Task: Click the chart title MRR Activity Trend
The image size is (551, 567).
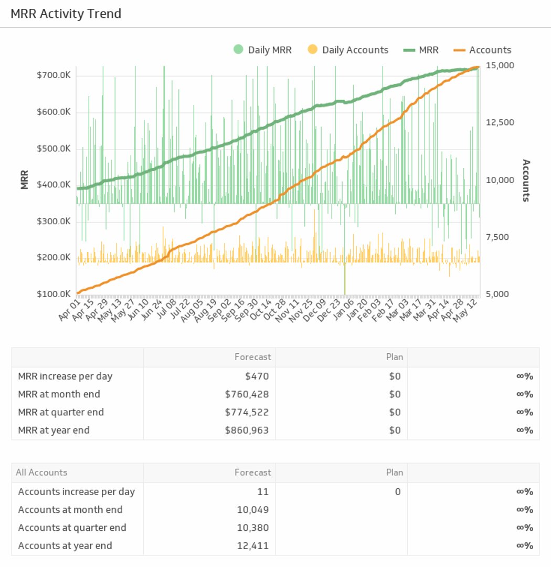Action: pyautogui.click(x=66, y=14)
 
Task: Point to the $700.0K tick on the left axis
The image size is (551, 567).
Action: pyautogui.click(x=54, y=76)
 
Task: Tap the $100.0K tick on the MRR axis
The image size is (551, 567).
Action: pyautogui.click(x=54, y=294)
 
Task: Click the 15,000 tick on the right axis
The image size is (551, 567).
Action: pyautogui.click(x=500, y=66)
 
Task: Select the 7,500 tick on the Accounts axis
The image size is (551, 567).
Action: pyautogui.click(x=497, y=237)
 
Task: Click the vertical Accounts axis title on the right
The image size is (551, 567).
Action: pyautogui.click(x=526, y=180)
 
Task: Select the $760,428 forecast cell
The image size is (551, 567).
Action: pyautogui.click(x=247, y=394)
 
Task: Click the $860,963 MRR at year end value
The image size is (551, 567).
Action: pyautogui.click(x=247, y=430)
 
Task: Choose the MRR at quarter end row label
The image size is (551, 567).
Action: pyautogui.click(x=61, y=412)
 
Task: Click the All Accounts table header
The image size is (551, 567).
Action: pyautogui.click(x=41, y=472)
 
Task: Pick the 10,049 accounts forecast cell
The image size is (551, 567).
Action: pyautogui.click(x=253, y=510)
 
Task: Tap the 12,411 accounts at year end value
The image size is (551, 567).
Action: pyautogui.click(x=253, y=546)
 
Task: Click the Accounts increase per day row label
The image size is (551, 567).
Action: pyautogui.click(x=76, y=492)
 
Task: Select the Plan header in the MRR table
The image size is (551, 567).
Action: pyautogui.click(x=394, y=357)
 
